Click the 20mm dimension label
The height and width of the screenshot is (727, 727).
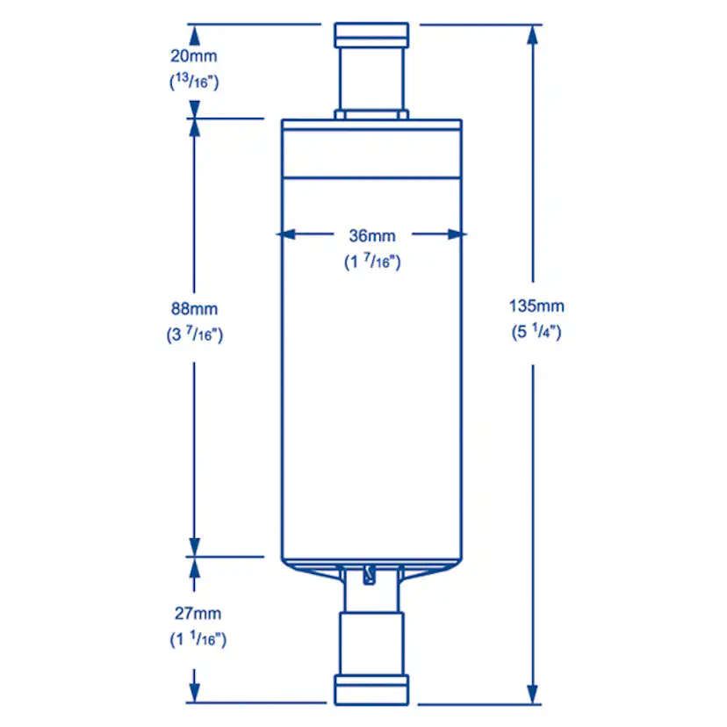click(193, 56)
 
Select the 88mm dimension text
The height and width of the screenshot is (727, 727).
click(194, 309)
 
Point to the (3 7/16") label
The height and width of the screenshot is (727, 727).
click(194, 335)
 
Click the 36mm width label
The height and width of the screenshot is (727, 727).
click(371, 235)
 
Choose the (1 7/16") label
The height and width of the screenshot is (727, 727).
click(371, 261)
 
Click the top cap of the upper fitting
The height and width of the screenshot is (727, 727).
click(371, 35)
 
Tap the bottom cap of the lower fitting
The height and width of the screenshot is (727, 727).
click(371, 689)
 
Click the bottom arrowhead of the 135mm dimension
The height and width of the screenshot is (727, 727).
click(535, 695)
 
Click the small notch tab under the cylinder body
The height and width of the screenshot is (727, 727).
click(370, 575)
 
